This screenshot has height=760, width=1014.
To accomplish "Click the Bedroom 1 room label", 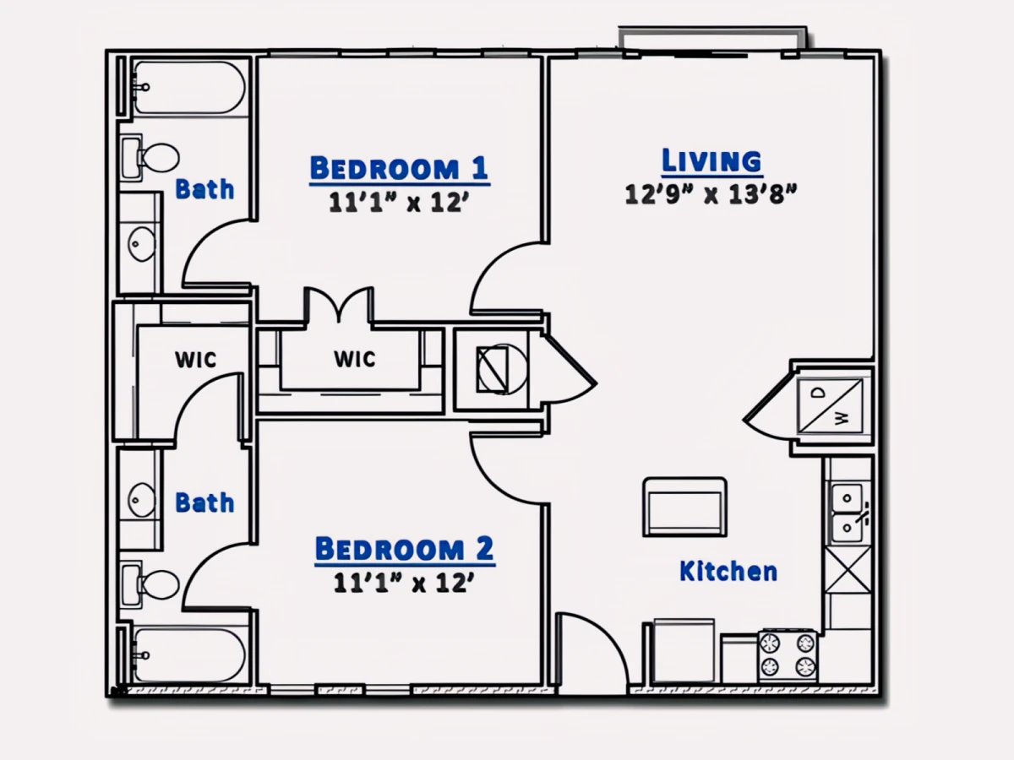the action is click(399, 168).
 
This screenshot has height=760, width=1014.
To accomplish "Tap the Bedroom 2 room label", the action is click(405, 548).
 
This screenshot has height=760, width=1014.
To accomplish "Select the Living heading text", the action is click(711, 160).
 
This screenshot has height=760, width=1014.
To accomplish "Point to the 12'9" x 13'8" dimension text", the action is click(711, 194).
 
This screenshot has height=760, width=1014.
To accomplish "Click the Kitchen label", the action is click(728, 572).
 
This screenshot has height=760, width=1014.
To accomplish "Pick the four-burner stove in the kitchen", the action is click(788, 654).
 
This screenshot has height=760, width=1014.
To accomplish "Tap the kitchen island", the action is click(684, 508).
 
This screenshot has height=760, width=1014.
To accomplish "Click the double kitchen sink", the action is click(848, 513).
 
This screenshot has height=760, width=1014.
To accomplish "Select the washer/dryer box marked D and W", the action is click(830, 406).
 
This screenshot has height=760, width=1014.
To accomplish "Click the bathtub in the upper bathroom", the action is click(189, 87).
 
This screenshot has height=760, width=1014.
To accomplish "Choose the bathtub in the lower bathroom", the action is click(189, 655).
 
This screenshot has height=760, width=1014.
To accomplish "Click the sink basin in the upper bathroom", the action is click(142, 244).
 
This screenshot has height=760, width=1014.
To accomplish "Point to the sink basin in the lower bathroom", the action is click(142, 500).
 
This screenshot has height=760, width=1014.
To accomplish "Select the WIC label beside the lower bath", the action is click(195, 360).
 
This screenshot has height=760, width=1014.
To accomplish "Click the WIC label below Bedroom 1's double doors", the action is click(355, 360).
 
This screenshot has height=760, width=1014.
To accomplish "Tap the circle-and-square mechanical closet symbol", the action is click(501, 369).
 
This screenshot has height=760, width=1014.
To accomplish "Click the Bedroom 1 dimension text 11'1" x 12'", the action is click(399, 203).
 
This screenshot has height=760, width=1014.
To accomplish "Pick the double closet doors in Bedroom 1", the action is click(339, 305).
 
